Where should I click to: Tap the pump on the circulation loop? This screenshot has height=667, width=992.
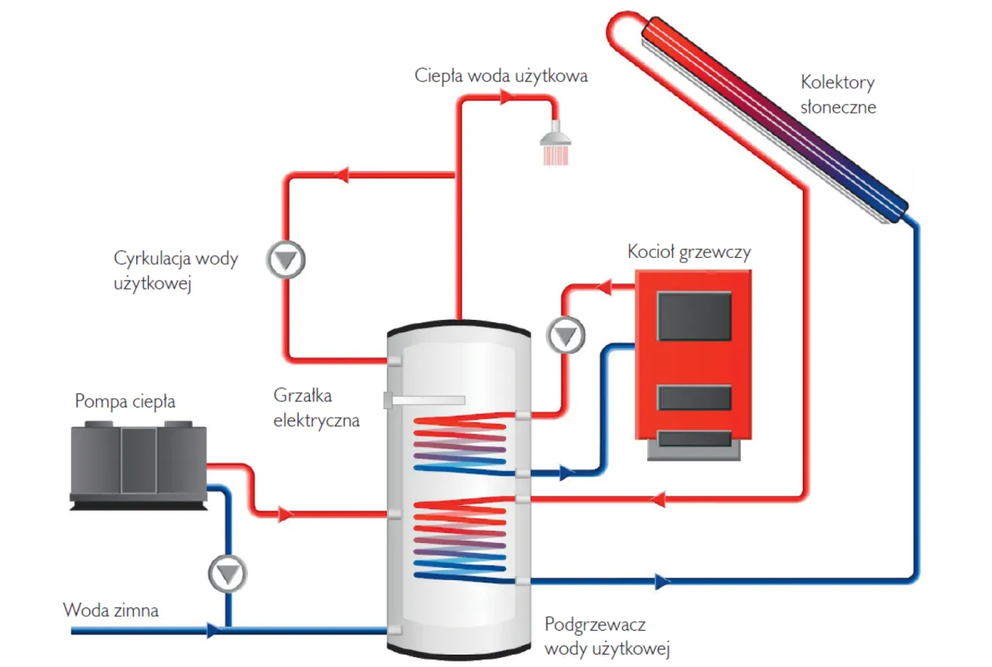coord(287,261)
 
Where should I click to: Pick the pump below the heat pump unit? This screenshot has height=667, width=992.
coord(228,574)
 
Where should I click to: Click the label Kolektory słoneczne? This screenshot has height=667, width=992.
coord(839,95)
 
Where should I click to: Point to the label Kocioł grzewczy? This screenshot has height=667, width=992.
coord(689,253)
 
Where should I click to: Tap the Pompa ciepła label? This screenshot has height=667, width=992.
coord(125,401)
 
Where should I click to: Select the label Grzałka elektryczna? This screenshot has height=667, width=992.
coord(316,408)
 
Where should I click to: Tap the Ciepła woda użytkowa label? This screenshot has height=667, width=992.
coord(501,76)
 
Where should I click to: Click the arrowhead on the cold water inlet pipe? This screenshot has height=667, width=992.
coord(212,631)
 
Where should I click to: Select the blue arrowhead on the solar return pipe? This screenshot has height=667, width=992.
coord(661,580)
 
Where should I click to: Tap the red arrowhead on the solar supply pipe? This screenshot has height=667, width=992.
coord(660,500)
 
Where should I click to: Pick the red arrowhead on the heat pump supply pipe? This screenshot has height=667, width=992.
coord(285,514)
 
